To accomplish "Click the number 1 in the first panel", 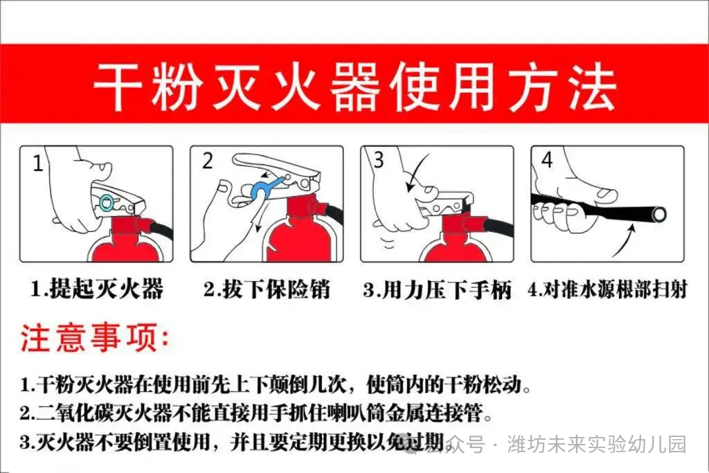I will (37, 164).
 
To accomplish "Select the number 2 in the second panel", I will (208, 161).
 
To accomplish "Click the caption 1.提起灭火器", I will (96, 289).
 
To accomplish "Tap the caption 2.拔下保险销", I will (267, 289).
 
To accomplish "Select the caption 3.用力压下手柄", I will (437, 289).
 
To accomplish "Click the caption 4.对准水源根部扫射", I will (607, 289).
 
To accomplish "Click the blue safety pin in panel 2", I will (263, 188).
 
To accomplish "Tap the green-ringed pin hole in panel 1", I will (106, 202).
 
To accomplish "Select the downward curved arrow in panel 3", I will (415, 177).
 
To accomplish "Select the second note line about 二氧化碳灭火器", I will (256, 414).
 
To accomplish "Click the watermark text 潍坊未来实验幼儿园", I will (596, 444).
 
